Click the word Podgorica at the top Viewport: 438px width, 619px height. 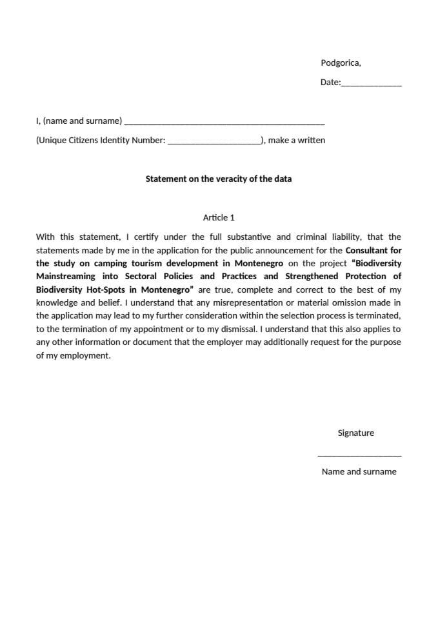coord(340,63)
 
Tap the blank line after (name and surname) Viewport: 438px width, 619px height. coord(224,122)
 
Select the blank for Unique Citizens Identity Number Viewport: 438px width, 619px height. coord(214,141)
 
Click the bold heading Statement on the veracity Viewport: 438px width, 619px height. coord(218,179)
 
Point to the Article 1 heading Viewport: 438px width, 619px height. coord(219,218)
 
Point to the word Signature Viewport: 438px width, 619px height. coord(355,433)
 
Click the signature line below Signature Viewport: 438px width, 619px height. coord(359,455)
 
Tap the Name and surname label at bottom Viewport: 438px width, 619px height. coord(359,472)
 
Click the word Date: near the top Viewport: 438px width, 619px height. coord(330,83)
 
